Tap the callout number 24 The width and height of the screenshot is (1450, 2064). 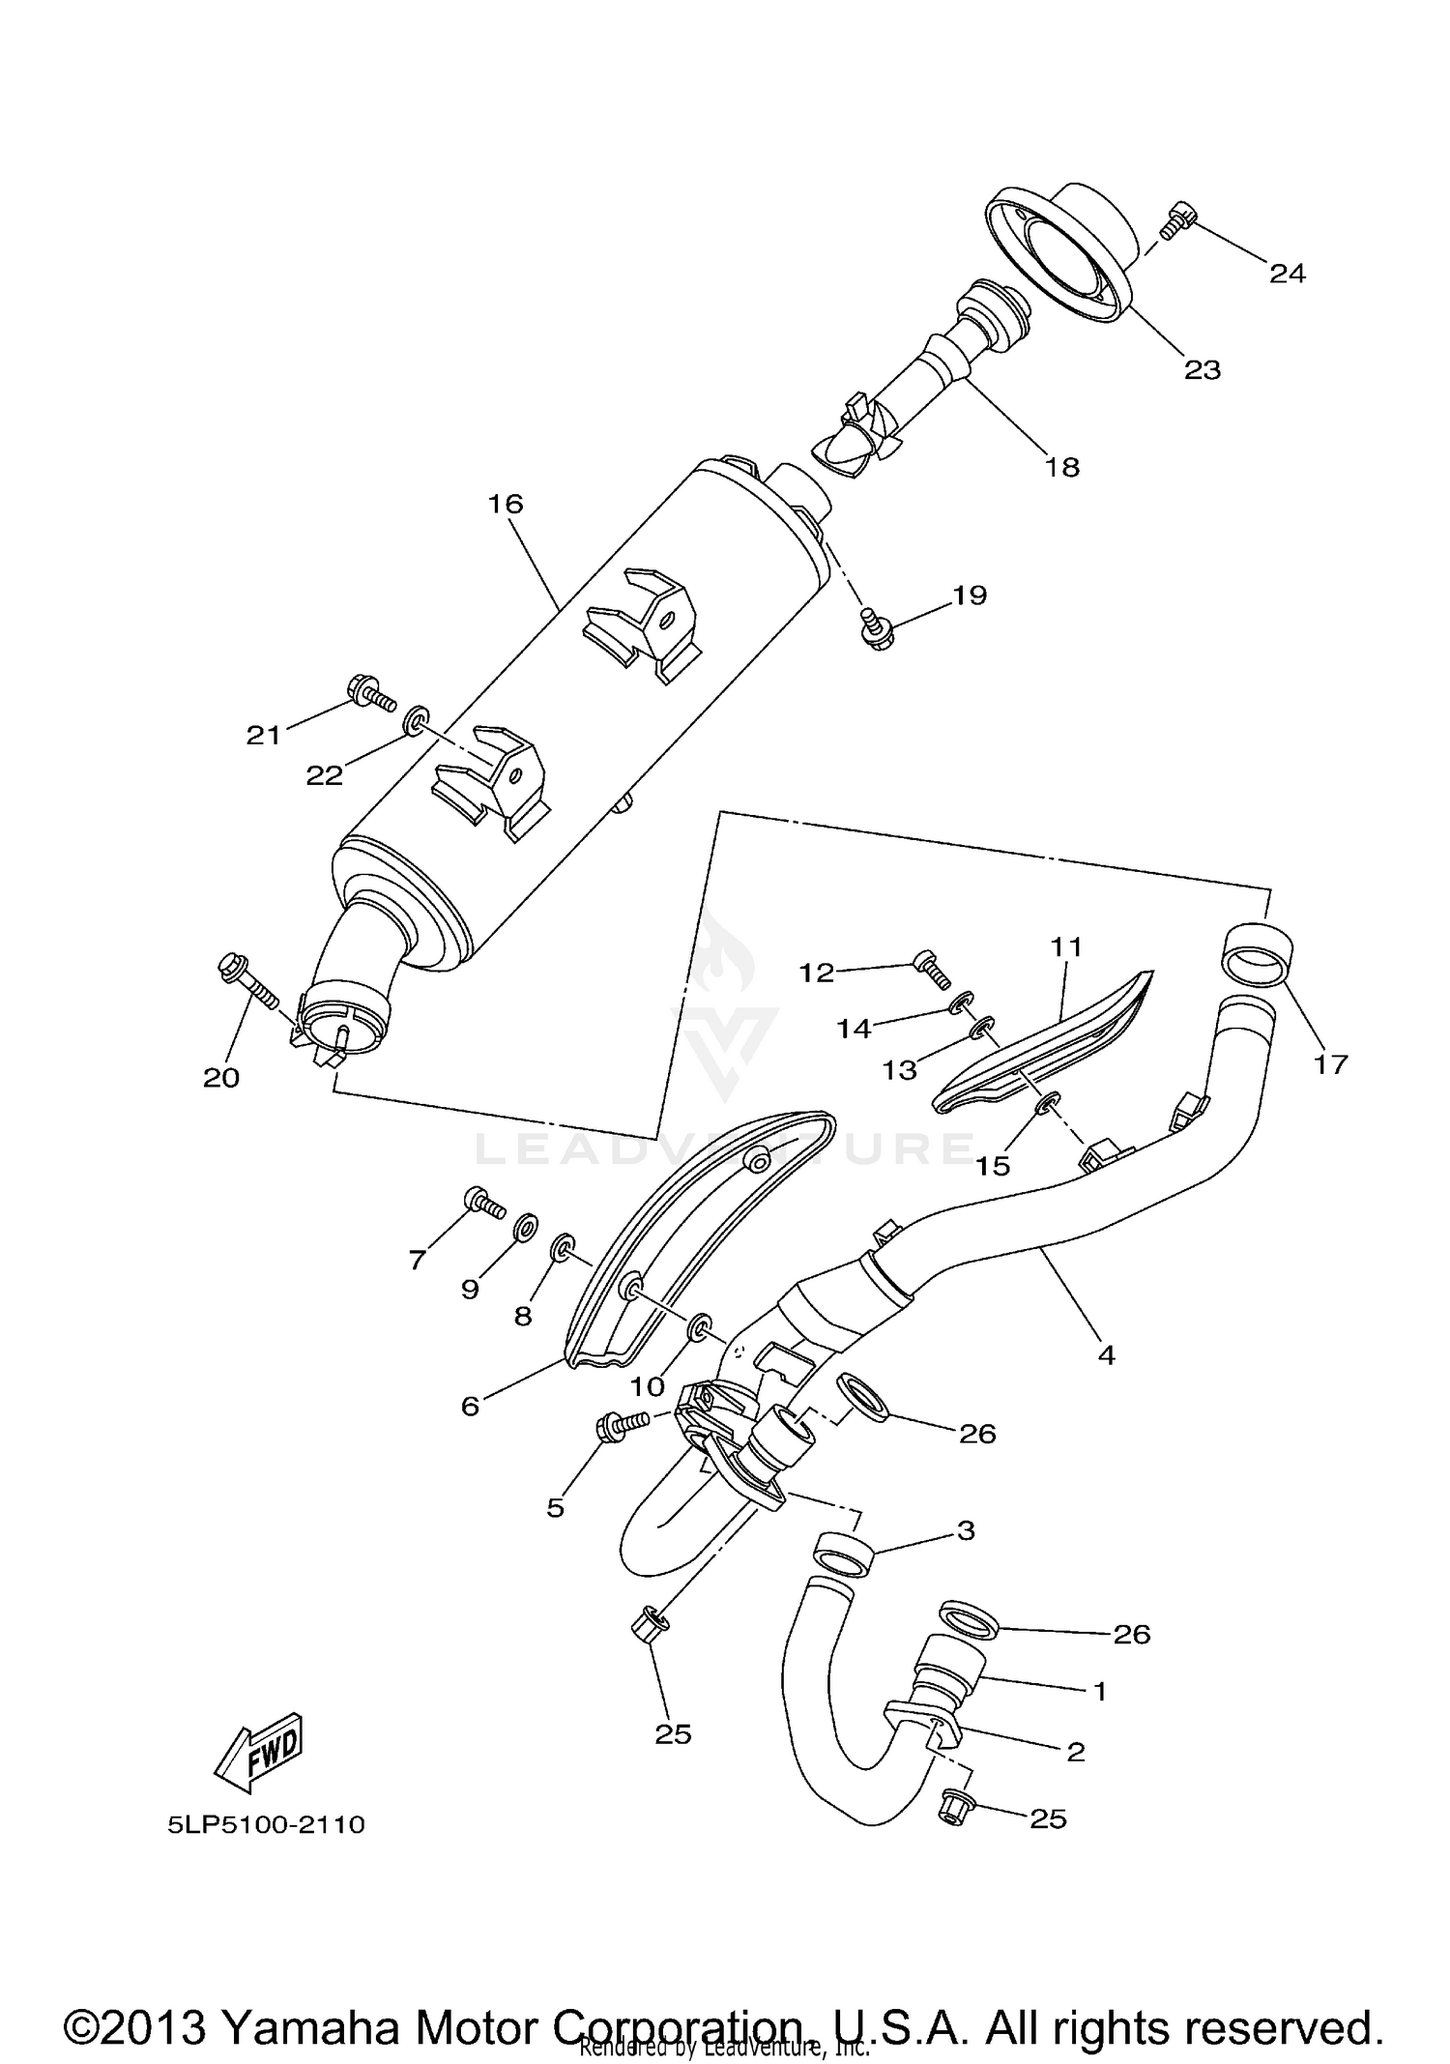[x=1287, y=275]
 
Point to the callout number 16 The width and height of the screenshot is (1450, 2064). [x=505, y=504]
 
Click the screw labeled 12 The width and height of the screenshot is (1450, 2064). [x=930, y=969]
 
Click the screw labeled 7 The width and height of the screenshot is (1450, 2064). [x=482, y=1203]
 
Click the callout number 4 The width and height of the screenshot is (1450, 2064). [x=1106, y=1355]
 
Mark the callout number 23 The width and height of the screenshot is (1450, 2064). [x=1203, y=370]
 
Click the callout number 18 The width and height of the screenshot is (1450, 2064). [x=1061, y=467]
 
